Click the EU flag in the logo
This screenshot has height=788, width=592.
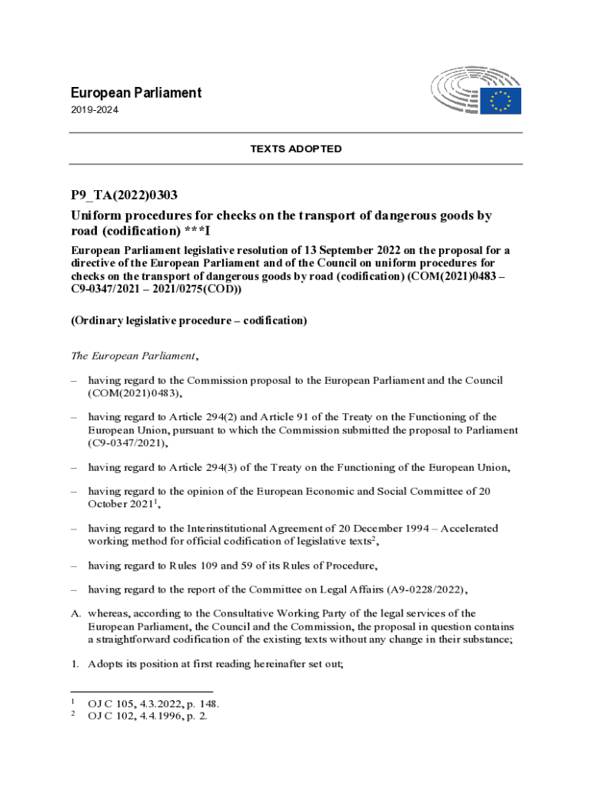(501, 101)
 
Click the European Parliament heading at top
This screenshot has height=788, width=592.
(135, 93)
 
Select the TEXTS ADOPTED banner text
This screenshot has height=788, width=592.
(296, 149)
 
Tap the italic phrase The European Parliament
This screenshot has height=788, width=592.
(133, 356)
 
